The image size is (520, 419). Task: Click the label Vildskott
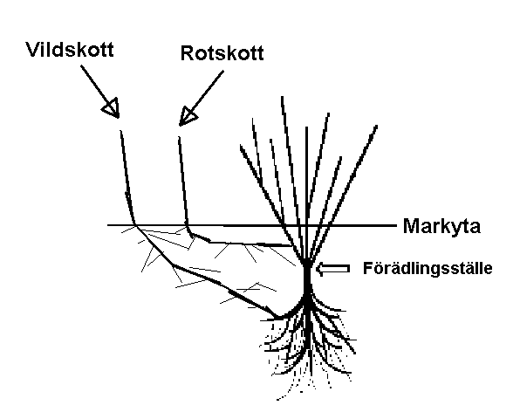[x=70, y=50]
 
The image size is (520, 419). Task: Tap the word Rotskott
[x=222, y=53]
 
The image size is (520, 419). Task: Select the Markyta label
[x=441, y=227]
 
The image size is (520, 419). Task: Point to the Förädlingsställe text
[x=428, y=268]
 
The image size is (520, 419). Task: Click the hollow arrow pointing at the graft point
[x=332, y=268]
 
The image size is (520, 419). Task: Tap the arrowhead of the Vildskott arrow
[x=111, y=108]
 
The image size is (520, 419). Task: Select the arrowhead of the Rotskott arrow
[x=188, y=117]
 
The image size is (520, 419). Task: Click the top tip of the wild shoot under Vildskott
[x=120, y=130]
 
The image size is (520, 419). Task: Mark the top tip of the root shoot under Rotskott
[x=179, y=137]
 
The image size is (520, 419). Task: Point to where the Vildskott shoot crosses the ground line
[x=134, y=225]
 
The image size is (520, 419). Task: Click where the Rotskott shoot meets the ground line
[x=187, y=225]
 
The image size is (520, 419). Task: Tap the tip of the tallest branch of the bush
[x=282, y=97]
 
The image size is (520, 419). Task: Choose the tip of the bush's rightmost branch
[x=377, y=126]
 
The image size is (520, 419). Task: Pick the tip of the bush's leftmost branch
[x=241, y=145]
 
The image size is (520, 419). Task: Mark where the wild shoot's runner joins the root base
[x=278, y=318]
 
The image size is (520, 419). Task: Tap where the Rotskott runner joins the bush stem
[x=291, y=246]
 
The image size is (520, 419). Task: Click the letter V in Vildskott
[x=32, y=50]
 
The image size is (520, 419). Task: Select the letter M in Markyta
[x=411, y=226]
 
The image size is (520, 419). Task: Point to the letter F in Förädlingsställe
[x=367, y=268]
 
